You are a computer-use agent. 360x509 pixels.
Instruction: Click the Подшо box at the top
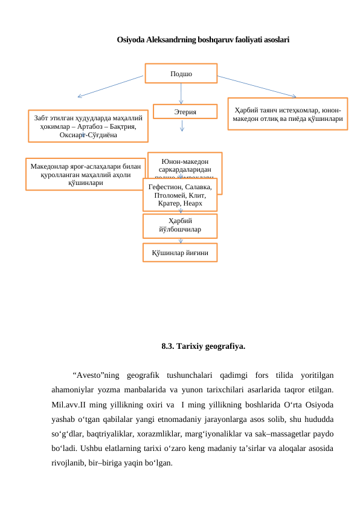tap(181, 73)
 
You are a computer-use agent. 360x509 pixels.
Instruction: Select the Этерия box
tap(184, 112)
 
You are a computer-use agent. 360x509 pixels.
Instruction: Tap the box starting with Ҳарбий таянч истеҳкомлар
tap(288, 114)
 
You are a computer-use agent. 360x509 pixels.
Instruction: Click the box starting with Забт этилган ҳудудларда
tap(88, 124)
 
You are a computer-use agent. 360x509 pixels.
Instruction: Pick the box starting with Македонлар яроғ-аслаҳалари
tap(85, 173)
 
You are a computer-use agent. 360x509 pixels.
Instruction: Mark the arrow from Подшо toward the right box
tap(257, 86)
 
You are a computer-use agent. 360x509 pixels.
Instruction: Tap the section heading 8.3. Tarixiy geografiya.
tap(203, 347)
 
